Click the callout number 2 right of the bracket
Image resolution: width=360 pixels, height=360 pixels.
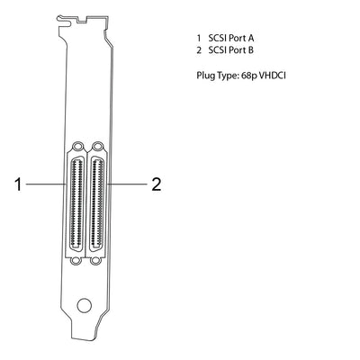(156, 184)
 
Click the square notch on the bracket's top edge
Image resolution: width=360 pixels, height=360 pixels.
(86, 17)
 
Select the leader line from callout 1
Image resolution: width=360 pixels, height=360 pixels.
(45, 184)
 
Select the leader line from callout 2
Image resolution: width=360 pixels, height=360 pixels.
(124, 184)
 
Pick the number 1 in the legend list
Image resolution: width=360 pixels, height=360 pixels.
(197, 38)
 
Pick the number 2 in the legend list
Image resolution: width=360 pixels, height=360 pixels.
(197, 50)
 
